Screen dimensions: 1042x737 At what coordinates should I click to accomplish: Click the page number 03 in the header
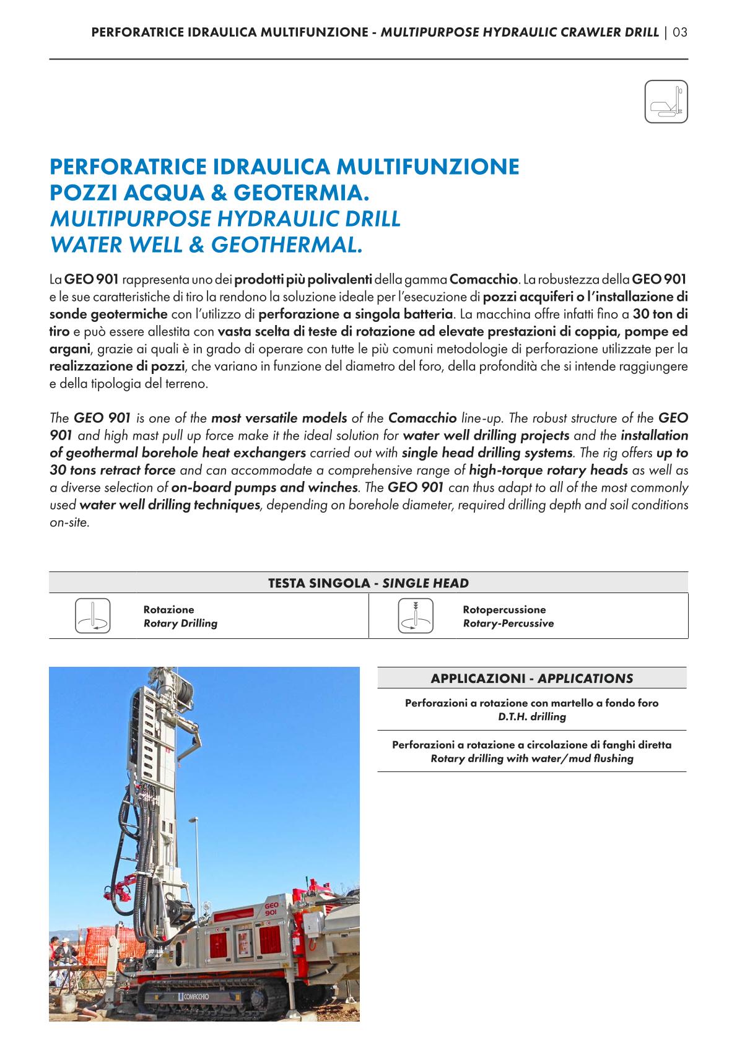680,32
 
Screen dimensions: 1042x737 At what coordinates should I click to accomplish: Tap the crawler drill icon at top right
666,102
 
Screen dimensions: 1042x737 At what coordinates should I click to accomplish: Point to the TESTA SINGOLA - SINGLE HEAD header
368,583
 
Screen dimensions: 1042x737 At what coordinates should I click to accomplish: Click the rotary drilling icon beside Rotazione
92,615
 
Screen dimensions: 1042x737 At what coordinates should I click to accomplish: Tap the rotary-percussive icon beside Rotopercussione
414,615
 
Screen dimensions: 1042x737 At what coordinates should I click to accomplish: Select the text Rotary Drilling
180,623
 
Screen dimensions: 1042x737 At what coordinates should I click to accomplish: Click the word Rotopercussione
504,610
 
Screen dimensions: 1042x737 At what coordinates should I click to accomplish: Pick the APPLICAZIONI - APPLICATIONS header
532,679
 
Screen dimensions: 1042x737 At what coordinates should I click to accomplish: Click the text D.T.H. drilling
532,717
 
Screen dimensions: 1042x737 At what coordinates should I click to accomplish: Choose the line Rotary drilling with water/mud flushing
532,758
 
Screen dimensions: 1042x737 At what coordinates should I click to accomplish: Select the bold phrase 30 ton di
660,315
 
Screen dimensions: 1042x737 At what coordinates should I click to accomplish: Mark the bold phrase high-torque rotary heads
549,470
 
